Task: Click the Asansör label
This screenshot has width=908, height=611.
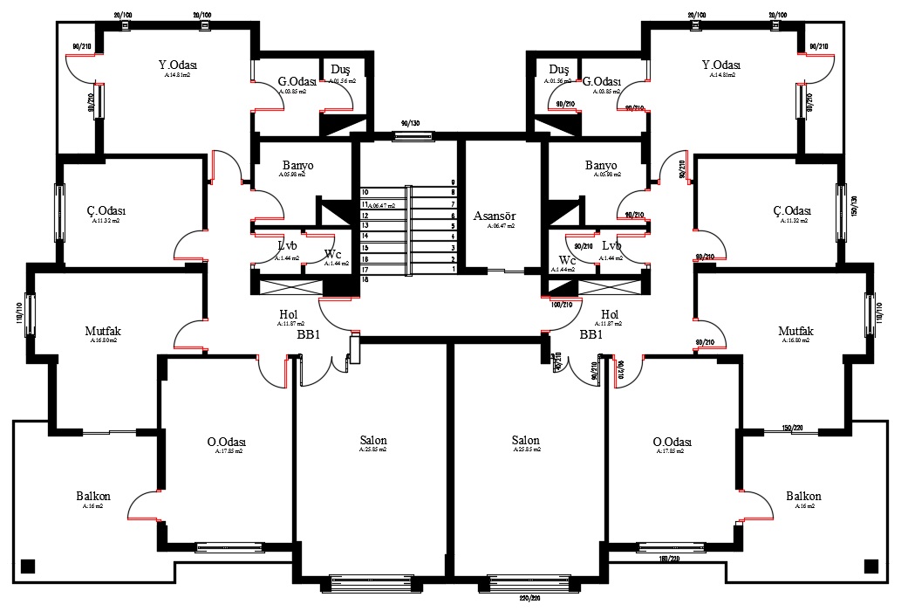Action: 495,216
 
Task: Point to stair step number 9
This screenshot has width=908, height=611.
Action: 453,182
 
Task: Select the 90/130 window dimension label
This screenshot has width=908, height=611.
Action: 412,124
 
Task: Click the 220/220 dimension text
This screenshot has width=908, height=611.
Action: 529,600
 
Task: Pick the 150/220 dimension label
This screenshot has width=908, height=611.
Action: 792,428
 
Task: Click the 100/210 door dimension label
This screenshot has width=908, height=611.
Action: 561,305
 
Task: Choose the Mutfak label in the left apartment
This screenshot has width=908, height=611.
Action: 102,331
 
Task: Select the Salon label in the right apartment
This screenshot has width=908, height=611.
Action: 525,441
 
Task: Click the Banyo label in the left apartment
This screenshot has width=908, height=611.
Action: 297,165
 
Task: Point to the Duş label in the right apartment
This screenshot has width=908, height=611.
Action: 559,70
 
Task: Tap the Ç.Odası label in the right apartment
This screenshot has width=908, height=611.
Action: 792,211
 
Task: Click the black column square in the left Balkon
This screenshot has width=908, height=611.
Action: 27,564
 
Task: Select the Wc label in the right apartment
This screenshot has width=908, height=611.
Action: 568,260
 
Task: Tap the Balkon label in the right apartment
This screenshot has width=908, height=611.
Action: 803,496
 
